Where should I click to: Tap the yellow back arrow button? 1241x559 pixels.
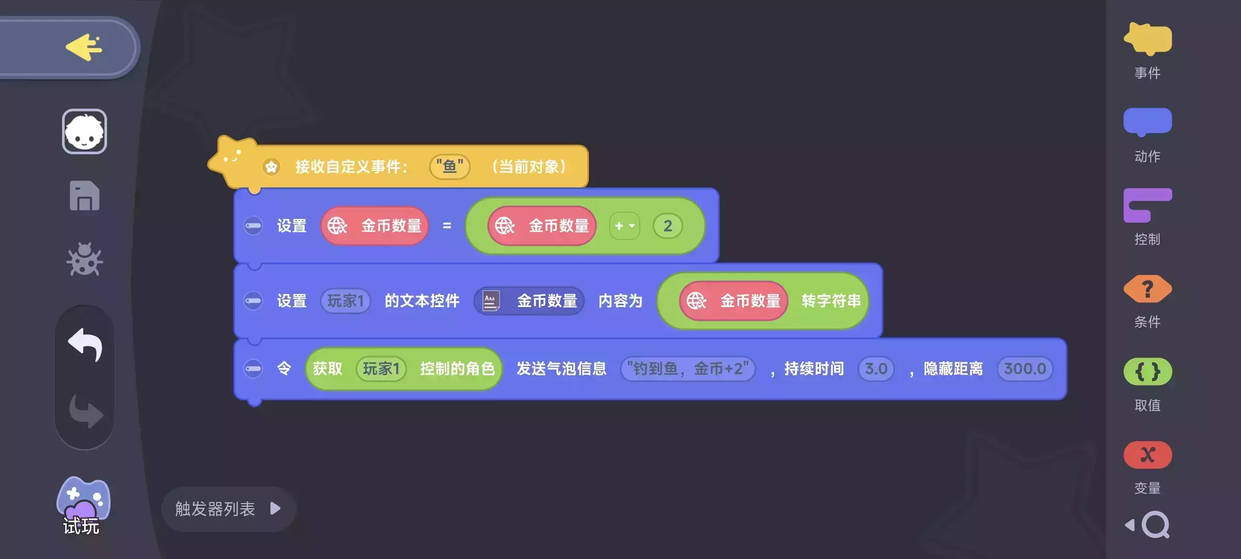[x=84, y=47]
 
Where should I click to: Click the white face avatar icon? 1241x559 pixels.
[x=84, y=131]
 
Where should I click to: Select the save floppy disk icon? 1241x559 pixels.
[x=84, y=196]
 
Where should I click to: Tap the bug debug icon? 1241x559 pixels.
[x=84, y=259]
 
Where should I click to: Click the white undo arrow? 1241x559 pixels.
[x=85, y=344]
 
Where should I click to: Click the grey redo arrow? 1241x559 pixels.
[x=86, y=411]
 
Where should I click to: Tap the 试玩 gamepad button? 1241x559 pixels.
[x=83, y=505]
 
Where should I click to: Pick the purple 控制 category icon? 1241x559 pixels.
[x=1147, y=205]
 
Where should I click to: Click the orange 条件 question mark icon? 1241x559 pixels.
[x=1147, y=289]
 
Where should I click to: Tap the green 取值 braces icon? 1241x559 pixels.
[x=1147, y=372]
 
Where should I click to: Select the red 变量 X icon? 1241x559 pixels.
[x=1147, y=455]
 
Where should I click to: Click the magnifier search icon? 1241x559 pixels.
[x=1155, y=525]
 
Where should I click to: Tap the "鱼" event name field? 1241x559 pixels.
[x=449, y=167]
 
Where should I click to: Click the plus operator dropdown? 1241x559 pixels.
[x=625, y=226]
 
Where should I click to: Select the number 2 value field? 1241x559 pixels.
[x=668, y=226]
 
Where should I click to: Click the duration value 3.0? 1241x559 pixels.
[x=876, y=369]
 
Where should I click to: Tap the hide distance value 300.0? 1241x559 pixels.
[x=1025, y=369]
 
